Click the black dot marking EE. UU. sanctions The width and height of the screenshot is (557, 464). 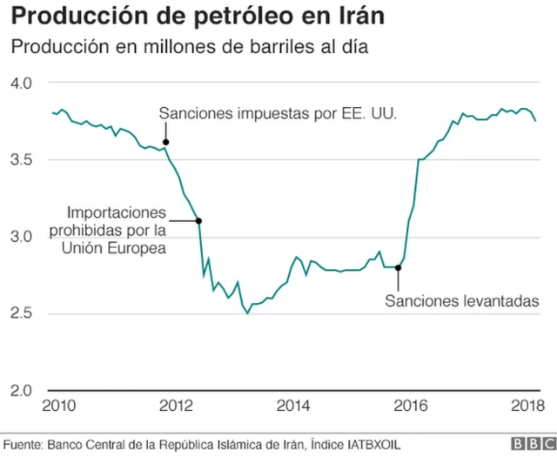tap(165, 141)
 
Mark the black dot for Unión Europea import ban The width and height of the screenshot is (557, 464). tap(199, 220)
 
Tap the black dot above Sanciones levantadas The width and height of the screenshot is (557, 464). tap(398, 267)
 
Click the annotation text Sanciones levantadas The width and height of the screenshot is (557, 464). tap(462, 301)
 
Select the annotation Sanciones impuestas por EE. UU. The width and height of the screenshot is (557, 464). tap(278, 113)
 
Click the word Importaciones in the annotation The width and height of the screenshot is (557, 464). tap(116, 212)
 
